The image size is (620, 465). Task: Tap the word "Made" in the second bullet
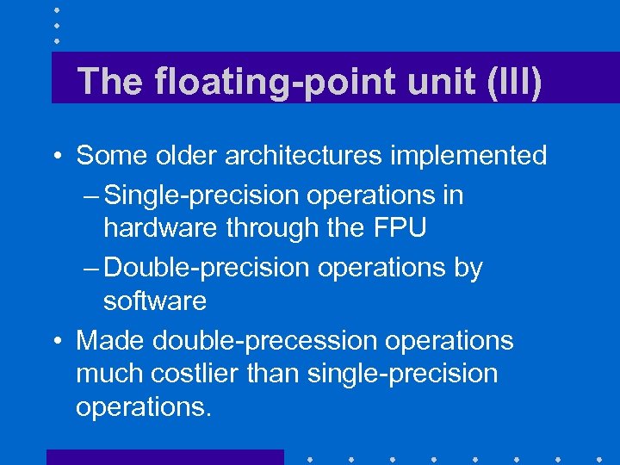pyautogui.click(x=111, y=340)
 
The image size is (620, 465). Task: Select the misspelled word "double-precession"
pyautogui.click(x=265, y=341)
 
